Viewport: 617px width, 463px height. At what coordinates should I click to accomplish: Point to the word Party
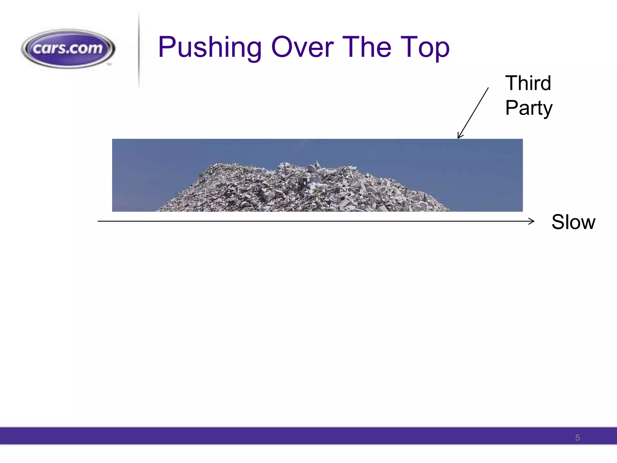pos(529,108)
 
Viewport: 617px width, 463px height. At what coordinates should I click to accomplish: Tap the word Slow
pos(573,222)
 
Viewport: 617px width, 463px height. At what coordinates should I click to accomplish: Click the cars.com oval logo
pos(68,49)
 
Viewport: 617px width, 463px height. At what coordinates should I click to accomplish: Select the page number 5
pos(577,437)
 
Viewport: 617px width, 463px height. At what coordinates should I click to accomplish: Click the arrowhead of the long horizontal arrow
pos(532,221)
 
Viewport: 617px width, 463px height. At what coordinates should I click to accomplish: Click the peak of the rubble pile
pos(316,164)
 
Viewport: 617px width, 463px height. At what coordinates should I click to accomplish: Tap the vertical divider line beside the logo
pos(139,51)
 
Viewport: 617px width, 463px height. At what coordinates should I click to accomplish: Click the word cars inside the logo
pos(51,49)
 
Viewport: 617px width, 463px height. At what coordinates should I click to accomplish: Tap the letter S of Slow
pos(558,222)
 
